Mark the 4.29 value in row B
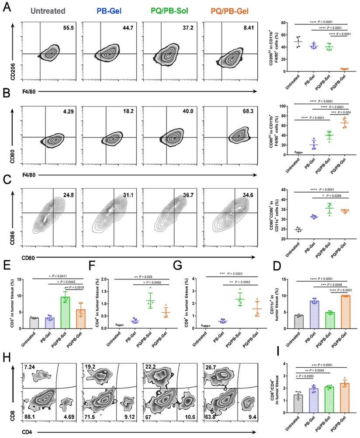click(68, 107)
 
